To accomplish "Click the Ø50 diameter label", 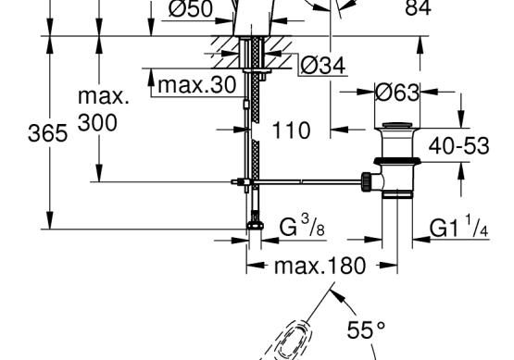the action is (x=191, y=9).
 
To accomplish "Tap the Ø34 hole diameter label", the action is (x=323, y=66).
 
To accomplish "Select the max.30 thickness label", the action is (x=196, y=85).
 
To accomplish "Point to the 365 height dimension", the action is (x=48, y=133).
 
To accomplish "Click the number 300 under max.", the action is (x=97, y=123).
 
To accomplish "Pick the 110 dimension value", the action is (x=291, y=130).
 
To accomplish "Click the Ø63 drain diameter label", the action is (x=397, y=93).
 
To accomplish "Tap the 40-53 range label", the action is (x=459, y=145).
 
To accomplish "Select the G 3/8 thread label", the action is (x=302, y=226).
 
